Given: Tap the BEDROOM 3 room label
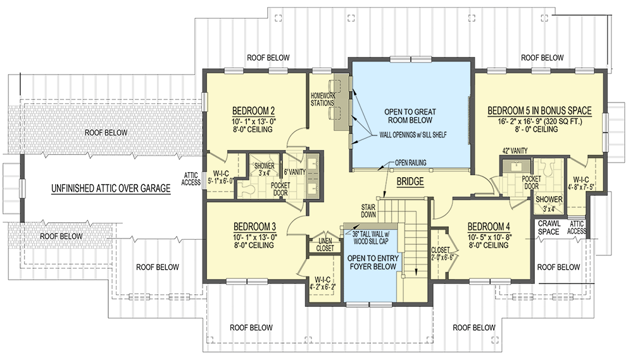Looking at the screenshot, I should [x=254, y=227].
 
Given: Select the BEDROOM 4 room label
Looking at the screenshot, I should [x=488, y=227].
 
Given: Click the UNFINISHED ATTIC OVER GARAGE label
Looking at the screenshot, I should [x=111, y=188].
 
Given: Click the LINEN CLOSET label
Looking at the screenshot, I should [x=325, y=244].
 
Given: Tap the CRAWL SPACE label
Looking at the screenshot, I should [x=548, y=228].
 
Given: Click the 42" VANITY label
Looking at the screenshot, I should [x=514, y=150].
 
